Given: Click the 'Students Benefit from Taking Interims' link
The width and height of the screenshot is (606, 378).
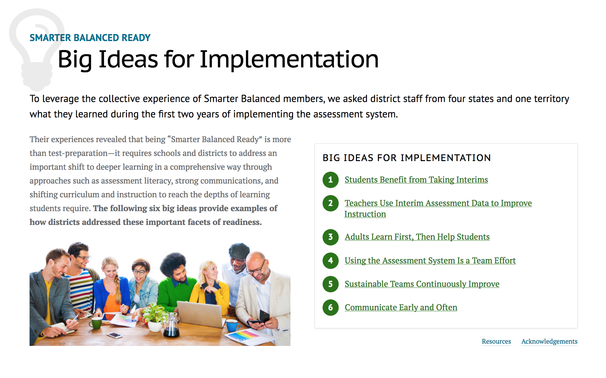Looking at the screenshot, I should tap(416, 180).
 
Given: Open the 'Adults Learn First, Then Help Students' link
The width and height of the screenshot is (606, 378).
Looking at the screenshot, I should tap(417, 237).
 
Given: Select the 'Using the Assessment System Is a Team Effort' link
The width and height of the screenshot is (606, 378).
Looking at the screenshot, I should tap(430, 261).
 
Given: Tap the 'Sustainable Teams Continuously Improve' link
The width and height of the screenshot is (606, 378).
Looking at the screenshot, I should tap(422, 284).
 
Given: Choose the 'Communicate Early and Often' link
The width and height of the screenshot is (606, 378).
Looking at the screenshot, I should tap(401, 307).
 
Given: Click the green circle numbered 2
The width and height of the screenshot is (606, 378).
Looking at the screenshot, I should tap(330, 203).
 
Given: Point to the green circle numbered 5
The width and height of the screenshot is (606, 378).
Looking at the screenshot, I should tap(330, 284).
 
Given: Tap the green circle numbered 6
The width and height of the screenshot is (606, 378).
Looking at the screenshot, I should tap(330, 307).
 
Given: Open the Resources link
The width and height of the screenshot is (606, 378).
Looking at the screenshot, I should tap(496, 341).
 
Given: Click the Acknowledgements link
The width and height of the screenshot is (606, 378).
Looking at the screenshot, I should tap(549, 341).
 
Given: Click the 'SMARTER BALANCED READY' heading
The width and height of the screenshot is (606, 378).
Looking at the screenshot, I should tap(90, 38).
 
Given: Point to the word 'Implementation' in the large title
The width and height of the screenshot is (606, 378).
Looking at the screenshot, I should tap(289, 59).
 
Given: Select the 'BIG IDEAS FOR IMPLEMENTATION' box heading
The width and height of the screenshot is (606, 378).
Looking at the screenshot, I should tap(406, 158).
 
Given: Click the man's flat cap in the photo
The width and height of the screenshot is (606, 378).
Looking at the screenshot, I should tap(239, 250).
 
